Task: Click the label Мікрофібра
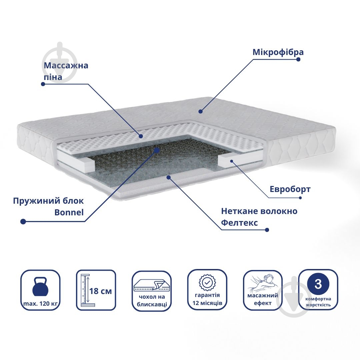click(278, 52)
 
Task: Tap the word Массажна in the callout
click(66, 65)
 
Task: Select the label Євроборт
click(290, 189)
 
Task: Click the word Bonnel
click(69, 212)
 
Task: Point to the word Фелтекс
click(239, 222)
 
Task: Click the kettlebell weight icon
click(40, 287)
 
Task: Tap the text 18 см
click(100, 291)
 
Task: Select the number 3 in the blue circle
click(318, 284)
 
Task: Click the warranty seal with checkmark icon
click(207, 283)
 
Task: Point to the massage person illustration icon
click(263, 284)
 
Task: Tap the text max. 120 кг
click(40, 304)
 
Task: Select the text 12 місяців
click(207, 303)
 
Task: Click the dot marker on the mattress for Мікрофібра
click(200, 112)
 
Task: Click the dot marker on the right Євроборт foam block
click(232, 161)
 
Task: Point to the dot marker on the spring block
click(157, 151)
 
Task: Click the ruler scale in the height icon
click(85, 289)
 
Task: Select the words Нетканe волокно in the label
click(259, 211)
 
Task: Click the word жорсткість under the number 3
click(318, 305)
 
